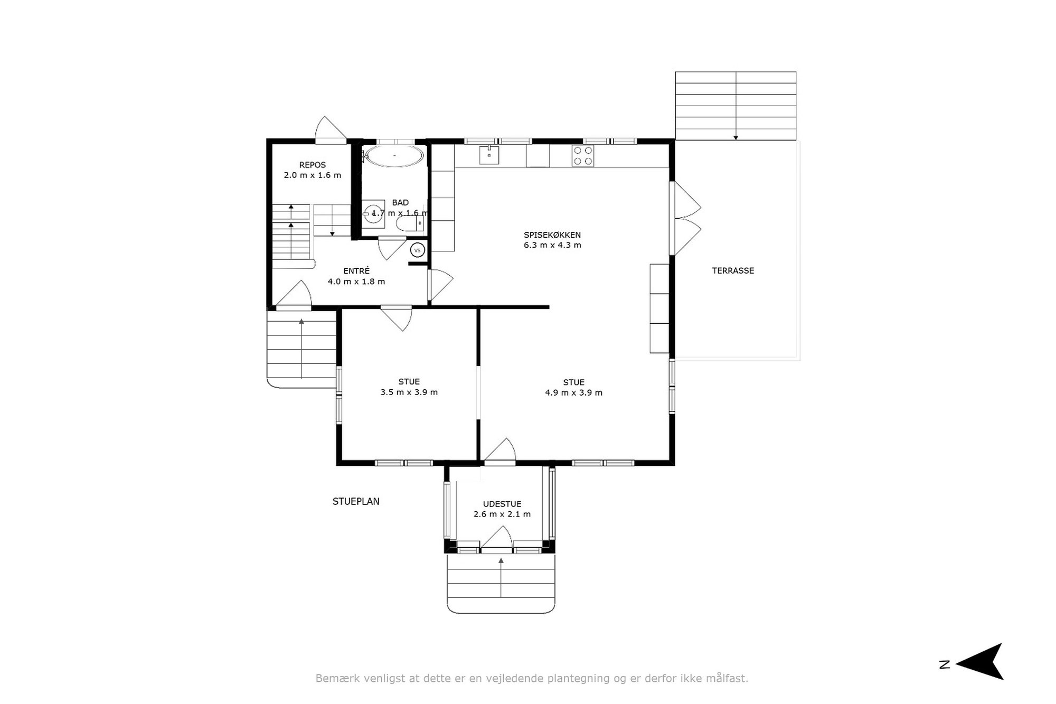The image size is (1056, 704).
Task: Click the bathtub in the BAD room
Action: (394, 156)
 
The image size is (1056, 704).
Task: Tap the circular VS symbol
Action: (418, 250)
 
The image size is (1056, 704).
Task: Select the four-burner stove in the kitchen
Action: (582, 156)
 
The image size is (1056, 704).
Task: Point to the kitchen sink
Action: (489, 155)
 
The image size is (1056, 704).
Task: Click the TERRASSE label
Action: (733, 270)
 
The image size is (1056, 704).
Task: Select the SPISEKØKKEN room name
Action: (552, 235)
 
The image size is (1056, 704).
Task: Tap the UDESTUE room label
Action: (502, 504)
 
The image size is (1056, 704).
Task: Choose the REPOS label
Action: (313, 165)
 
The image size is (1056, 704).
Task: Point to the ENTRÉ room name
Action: (356, 271)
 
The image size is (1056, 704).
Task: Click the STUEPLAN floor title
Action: (356, 501)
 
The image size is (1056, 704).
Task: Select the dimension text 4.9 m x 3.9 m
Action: (573, 392)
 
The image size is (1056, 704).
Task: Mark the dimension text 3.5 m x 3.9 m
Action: (409, 392)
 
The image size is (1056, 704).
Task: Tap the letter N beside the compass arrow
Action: (945, 664)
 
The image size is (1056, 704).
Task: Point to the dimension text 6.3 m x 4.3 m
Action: (552, 245)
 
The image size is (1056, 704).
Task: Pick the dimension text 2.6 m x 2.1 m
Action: (502, 514)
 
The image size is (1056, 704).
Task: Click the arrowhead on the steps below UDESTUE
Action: (501, 560)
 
